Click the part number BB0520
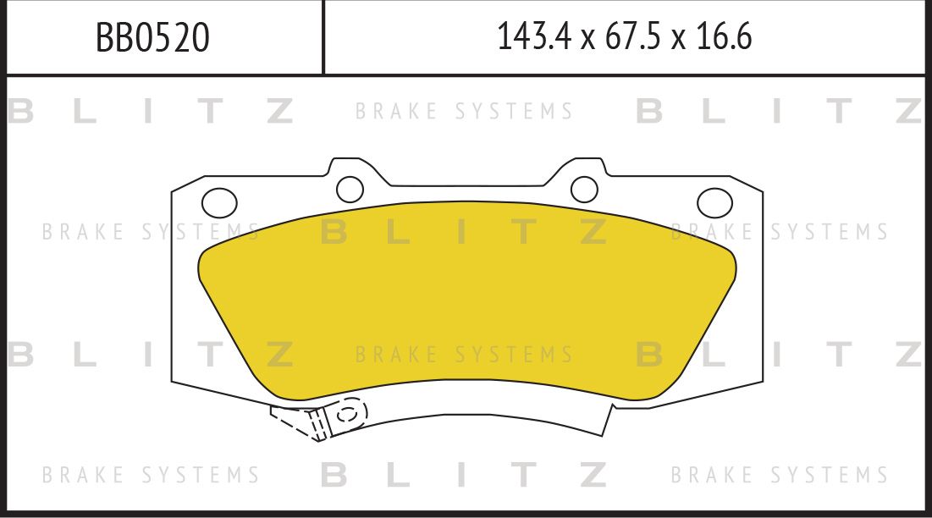152,38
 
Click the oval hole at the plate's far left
219,202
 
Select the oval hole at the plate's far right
714,202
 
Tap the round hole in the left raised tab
349,187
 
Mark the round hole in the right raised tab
584,187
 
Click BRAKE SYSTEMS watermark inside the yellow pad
464,354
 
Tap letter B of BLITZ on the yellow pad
334,232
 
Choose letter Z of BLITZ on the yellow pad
593,232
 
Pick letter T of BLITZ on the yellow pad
525,232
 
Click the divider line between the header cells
323,37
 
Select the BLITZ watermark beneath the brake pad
464,475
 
